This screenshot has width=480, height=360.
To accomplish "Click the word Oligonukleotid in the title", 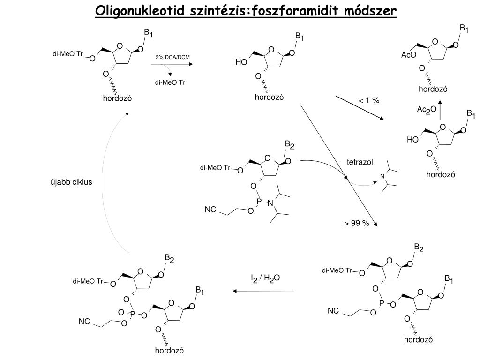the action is coord(140,11).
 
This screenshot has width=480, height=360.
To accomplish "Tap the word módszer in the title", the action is coord(370,11).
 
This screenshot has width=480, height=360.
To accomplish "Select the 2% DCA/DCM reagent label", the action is coord(172,57).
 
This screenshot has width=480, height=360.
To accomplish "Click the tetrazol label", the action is coord(360,162).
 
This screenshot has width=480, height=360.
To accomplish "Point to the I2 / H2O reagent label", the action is coord(265,278).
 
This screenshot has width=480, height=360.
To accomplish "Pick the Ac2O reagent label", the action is coord(427,109).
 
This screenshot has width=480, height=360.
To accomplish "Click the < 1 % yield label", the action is coord(368,100).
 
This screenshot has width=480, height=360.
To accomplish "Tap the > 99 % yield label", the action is coord(356,223).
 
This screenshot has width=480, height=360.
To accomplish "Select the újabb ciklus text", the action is coord(71,182).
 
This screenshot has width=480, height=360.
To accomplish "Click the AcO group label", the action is coord(409,55).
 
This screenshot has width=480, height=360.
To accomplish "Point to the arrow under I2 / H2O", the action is coord(263,291).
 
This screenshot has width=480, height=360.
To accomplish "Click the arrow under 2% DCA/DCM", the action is coord(172,64).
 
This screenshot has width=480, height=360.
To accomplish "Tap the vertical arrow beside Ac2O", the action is coord(440,110).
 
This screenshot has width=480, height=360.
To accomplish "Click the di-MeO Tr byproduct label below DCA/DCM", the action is coord(170,82).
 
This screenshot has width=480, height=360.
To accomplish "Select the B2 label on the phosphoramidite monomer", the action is coord(290,145).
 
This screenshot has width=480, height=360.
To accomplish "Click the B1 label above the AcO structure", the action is coord(464,29).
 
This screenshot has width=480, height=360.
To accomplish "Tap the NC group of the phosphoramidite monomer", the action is coord(210,210).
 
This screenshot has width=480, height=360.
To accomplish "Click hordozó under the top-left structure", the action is coord(117,98).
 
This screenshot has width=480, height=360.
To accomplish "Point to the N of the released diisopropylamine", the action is coord(382,176).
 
